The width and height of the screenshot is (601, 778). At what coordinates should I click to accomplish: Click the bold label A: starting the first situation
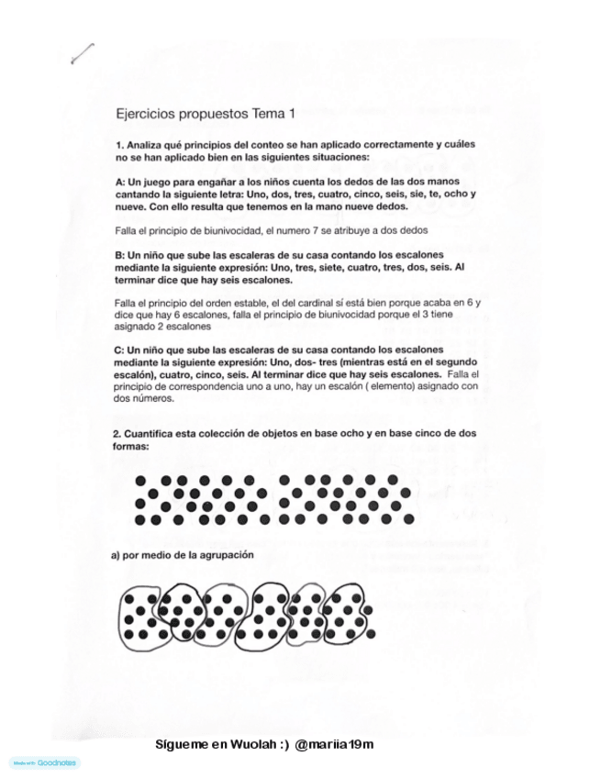click(121, 183)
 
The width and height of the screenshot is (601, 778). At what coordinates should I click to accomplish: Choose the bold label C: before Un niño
click(121, 350)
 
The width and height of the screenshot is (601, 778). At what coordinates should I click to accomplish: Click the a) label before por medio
click(117, 555)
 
